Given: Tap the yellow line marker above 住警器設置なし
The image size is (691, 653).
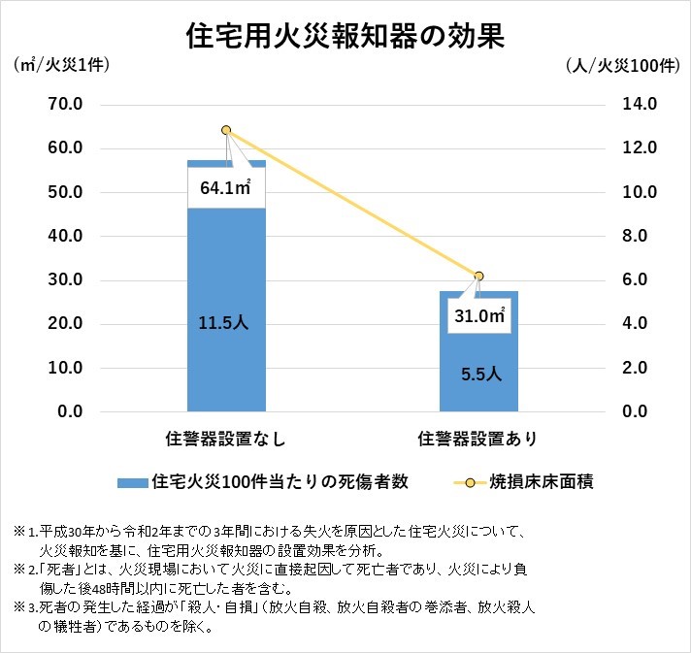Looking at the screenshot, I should point(226,130).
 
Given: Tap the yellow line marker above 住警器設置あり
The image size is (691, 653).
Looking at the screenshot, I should point(477,276).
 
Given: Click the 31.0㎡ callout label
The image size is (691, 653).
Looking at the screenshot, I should point(477,314).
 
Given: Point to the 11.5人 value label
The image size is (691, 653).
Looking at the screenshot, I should point(226,323).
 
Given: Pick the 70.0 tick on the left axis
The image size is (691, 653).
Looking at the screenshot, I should point(64,104).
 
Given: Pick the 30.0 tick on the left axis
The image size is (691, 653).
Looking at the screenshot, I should point(64,279).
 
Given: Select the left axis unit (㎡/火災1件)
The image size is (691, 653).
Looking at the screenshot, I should point(59,65).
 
